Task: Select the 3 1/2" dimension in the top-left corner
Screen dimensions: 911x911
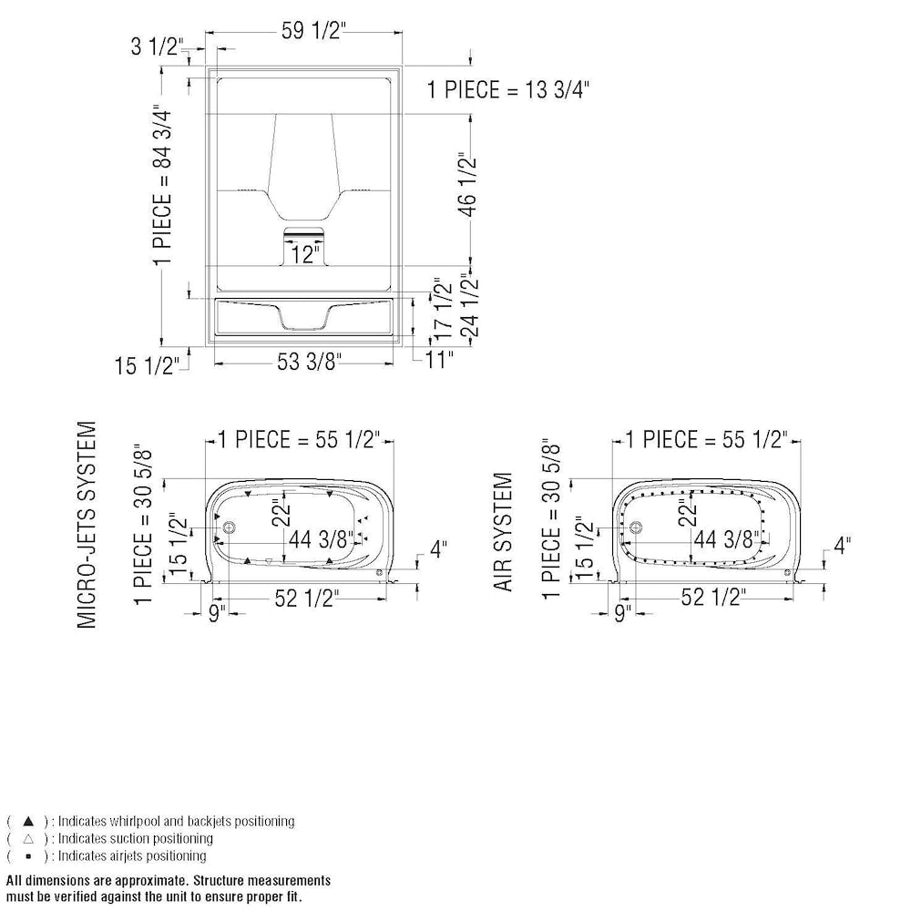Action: click(158, 46)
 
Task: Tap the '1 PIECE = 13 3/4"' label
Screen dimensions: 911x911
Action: click(509, 89)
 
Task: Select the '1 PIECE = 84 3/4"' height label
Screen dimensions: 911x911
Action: click(161, 185)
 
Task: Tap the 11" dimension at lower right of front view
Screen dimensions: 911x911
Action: click(439, 360)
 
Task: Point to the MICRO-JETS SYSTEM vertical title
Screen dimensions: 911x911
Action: click(87, 523)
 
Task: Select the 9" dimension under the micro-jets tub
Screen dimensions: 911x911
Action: click(216, 613)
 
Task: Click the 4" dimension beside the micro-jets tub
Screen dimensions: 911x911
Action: click(439, 548)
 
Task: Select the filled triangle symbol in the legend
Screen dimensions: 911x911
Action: click(28, 821)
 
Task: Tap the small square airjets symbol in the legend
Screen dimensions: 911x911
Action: click(28, 855)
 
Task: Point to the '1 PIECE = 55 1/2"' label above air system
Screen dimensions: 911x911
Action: click(705, 440)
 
